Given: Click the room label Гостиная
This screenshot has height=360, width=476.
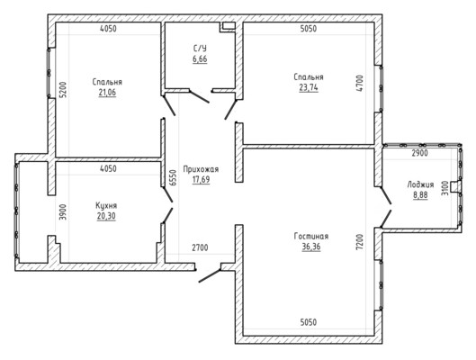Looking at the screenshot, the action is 311,236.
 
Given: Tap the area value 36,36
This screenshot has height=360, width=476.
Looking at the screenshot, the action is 311,247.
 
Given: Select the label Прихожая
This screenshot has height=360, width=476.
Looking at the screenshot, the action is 201,169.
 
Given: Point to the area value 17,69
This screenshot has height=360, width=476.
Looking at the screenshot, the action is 201,179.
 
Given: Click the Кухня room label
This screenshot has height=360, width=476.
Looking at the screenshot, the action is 106,205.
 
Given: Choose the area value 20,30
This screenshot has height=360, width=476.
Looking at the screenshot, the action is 106,216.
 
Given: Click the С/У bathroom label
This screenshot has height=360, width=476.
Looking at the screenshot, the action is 200,49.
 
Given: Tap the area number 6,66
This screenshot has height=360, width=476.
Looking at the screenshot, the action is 200,58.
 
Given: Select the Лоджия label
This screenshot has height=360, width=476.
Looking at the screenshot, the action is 420,184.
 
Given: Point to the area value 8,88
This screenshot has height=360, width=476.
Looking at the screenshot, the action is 420,195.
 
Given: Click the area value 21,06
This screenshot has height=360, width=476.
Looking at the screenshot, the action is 107,93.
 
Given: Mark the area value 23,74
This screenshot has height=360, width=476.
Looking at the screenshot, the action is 309,87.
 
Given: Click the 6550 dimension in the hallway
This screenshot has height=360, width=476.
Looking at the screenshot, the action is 173,177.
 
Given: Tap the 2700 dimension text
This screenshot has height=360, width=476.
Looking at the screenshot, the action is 200,247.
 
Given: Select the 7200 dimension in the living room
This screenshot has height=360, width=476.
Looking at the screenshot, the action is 359,242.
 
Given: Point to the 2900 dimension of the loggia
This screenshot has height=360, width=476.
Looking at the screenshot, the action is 420,153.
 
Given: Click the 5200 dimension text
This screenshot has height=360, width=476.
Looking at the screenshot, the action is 62,89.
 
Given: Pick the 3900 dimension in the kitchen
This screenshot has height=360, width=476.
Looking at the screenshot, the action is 62,212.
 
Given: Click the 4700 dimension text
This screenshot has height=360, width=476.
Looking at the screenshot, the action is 359,84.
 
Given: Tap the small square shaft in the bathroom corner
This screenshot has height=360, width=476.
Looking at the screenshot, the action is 228,26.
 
